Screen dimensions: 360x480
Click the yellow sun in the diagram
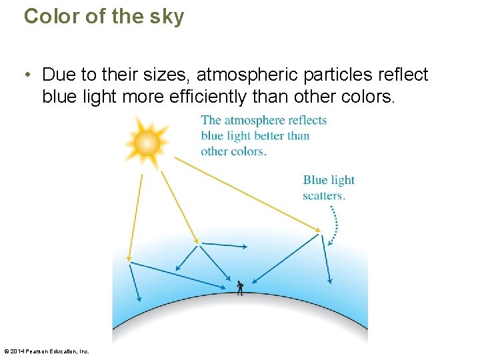point(147,142)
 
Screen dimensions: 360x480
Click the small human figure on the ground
point(240,287)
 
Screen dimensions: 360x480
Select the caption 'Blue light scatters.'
point(328,187)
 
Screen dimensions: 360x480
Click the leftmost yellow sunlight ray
point(135,213)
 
